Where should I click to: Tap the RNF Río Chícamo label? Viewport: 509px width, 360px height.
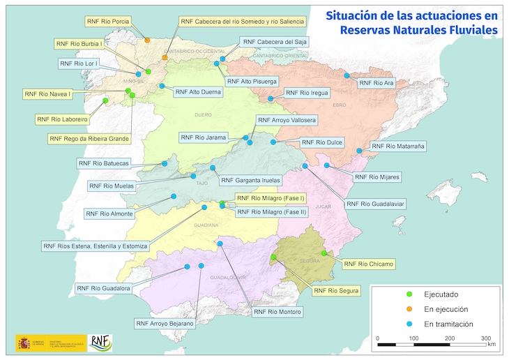[368, 264]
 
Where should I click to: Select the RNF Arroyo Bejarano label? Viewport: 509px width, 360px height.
[165, 323]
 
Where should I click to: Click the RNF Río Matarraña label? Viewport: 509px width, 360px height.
[397, 147]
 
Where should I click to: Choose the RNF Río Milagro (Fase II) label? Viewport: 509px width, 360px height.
[271, 211]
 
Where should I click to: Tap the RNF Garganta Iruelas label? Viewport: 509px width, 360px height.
[252, 180]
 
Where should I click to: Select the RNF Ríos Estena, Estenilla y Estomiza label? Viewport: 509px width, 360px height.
[95, 246]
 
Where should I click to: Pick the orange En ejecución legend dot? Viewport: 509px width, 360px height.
[410, 309]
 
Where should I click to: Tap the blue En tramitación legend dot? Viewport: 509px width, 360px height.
[410, 324]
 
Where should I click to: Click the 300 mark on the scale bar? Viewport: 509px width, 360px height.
[486, 338]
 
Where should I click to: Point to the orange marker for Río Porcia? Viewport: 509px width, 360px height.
[147, 40]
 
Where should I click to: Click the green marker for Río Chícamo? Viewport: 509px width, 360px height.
[324, 253]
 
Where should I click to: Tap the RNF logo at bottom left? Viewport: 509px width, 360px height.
[102, 343]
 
